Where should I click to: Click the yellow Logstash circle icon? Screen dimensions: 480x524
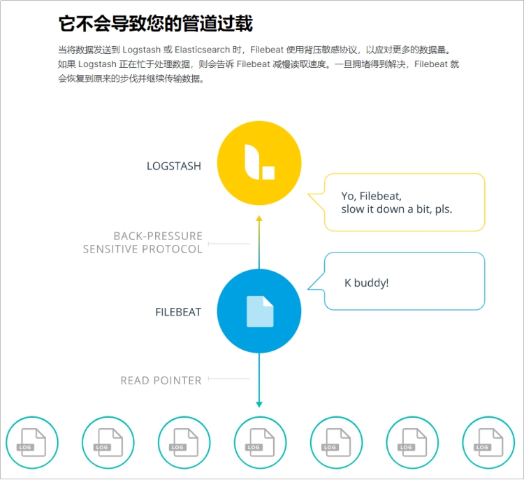tap(259, 163)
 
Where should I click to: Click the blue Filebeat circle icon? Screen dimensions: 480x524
tap(259, 311)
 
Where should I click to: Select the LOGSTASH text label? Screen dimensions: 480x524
tap(174, 167)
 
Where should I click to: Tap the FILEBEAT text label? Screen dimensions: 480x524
tap(178, 312)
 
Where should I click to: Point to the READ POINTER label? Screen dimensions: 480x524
tap(161, 381)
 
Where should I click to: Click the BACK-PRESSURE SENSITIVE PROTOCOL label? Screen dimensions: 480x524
tap(143, 243)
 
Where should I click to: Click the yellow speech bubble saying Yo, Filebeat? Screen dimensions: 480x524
tap(405, 202)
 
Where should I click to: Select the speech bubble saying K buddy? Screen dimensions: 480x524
tap(405, 281)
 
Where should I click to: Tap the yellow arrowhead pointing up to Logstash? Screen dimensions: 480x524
tap(259, 219)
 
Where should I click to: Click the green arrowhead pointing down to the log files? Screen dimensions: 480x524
tap(259, 404)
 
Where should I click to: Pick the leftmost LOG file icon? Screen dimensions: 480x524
tap(32, 443)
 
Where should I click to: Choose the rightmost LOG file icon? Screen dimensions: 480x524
tap(488, 443)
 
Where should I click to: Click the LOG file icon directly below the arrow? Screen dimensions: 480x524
tap(260, 443)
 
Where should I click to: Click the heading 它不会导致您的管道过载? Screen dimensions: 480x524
tap(155, 24)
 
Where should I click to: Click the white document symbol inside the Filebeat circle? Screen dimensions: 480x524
tap(260, 311)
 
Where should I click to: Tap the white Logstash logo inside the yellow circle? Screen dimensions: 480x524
tap(259, 162)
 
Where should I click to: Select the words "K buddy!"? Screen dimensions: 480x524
tap(367, 283)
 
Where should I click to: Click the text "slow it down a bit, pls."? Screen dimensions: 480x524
tap(396, 209)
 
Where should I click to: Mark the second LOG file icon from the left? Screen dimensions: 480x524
tap(108, 443)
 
